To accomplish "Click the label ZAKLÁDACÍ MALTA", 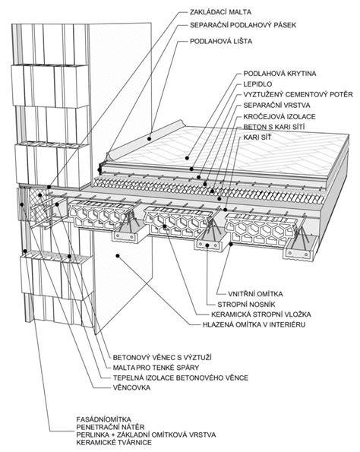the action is (x=220, y=12).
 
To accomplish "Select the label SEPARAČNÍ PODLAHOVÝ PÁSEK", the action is (x=243, y=25).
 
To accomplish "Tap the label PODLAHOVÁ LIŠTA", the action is (x=221, y=41).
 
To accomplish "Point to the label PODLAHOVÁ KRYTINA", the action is (x=279, y=74).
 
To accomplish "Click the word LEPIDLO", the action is (x=257, y=84).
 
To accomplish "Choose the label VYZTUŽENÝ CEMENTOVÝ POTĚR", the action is (x=298, y=94).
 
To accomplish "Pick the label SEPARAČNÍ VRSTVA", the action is (x=276, y=106).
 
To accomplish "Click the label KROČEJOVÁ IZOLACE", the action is (x=279, y=116).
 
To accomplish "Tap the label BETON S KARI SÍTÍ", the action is (x=274, y=127).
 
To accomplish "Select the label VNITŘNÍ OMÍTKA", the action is (x=255, y=294).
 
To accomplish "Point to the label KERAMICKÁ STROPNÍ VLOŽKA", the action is (x=261, y=315).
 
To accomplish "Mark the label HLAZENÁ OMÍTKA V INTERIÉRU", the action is (x=254, y=324).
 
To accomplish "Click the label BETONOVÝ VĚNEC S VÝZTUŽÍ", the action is (x=163, y=358).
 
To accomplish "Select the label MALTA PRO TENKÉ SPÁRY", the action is (x=156, y=368).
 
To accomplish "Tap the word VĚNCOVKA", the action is (x=131, y=387).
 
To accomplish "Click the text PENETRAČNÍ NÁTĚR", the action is (x=110, y=427).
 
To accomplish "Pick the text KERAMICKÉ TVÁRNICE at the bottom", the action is (x=114, y=442).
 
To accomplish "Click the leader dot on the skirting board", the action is (x=149, y=139).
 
